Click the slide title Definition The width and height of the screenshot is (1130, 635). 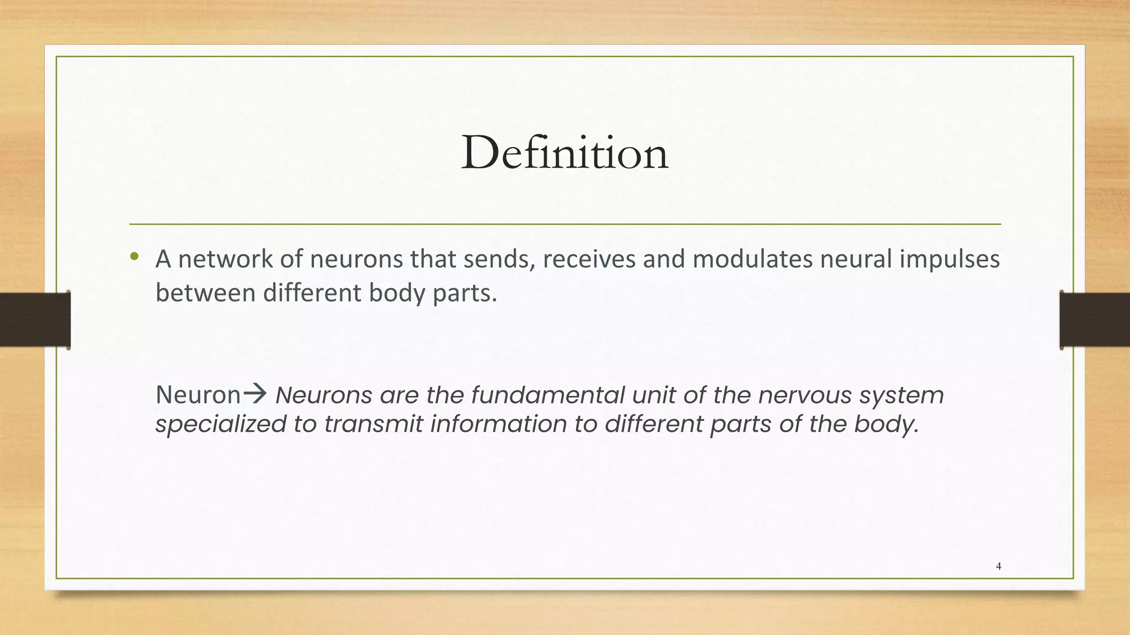[564, 153]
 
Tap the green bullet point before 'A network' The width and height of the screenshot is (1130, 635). [134, 256]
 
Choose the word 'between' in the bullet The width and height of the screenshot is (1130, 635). [205, 293]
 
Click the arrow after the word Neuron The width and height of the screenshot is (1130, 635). [255, 394]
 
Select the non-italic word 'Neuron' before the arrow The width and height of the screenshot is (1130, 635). [198, 395]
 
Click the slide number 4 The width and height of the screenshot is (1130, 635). [999, 566]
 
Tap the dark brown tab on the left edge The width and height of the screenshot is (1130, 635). [35, 320]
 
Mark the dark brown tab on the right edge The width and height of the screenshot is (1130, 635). [1095, 320]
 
